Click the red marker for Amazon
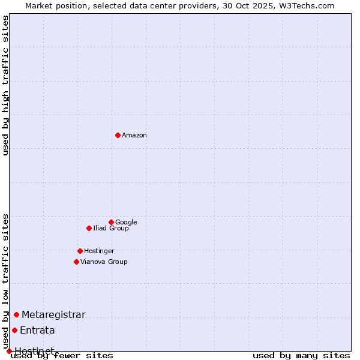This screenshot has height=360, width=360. (118, 135)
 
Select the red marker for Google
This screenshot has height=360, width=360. (111, 222)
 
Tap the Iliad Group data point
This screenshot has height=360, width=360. (89, 228)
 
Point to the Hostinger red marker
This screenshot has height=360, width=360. (80, 251)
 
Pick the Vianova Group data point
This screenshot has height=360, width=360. (76, 262)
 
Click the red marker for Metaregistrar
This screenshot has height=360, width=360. (16, 314)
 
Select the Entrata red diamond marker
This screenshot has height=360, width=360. (14, 330)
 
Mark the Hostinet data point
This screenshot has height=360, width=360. (9, 351)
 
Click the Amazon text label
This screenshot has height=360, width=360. (134, 136)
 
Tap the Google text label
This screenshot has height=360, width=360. (126, 223)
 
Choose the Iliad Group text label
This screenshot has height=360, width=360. (111, 229)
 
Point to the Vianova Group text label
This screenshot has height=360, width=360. (104, 262)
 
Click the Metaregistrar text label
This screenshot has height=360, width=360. (53, 315)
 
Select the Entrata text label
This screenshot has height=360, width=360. (37, 331)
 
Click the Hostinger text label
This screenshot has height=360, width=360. (99, 251)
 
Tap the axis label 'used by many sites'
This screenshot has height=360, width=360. (301, 356)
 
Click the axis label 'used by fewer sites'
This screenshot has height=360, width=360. (62, 356)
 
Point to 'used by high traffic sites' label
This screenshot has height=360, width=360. (6, 85)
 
